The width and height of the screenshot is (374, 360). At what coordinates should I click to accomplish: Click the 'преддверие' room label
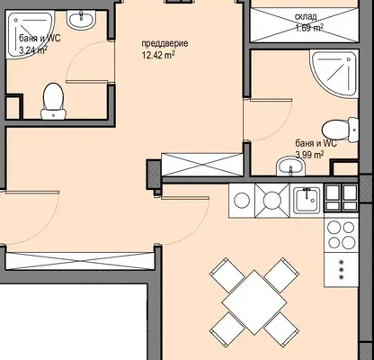pos(165,43)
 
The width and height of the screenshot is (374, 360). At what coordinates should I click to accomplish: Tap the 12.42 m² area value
pos(158,56)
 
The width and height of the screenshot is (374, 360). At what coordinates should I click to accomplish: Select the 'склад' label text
pos(306,17)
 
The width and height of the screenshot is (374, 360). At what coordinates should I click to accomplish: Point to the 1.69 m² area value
pos(309,28)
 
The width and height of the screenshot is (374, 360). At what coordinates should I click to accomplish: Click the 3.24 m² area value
pos(32,49)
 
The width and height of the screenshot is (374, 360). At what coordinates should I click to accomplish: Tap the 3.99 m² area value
pos(309,155)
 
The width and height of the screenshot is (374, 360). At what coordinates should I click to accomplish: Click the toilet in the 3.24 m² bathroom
pos(53,102)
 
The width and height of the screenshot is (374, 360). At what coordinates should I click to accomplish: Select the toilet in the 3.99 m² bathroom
pos(340,130)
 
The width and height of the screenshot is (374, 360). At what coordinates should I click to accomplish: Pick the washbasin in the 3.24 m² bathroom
pos(81,20)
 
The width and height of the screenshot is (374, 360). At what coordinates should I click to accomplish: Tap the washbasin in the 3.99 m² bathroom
pos(290,166)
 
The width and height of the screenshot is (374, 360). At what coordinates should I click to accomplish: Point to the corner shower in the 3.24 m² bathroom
pos(31,34)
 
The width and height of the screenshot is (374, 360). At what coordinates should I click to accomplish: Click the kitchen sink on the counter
pos(307,199)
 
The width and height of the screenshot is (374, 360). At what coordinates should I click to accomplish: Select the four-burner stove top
pos(341,235)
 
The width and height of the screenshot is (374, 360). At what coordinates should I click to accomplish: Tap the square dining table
pos(254,302)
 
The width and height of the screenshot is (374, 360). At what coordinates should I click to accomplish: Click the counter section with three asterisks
pos(341,269)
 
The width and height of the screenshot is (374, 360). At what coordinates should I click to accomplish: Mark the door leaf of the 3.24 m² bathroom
pos(87,82)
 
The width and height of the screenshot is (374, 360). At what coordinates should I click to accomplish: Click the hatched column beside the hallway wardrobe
pos(154,175)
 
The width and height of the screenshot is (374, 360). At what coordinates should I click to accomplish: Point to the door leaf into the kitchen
pos(185,198)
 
